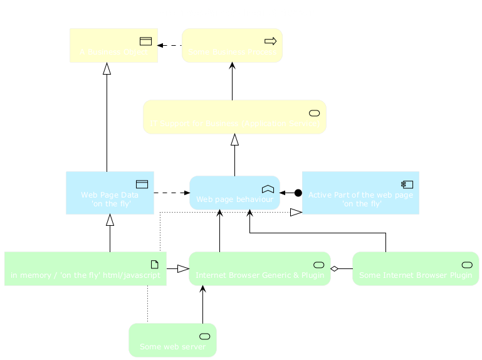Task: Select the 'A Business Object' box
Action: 113,45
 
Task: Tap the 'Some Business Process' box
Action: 232,45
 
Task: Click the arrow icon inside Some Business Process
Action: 271,41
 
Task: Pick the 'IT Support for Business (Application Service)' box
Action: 234,117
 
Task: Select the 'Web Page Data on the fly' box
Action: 110,193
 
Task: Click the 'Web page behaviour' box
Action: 234,193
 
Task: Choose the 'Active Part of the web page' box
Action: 360,193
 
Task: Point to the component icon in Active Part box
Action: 407,184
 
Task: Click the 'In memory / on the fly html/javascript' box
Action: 85,268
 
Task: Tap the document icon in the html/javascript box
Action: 155,264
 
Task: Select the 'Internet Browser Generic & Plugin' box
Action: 259,268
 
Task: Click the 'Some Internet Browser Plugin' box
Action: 416,268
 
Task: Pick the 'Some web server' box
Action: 172,340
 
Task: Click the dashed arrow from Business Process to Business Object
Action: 170,45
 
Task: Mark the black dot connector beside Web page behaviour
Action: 298,193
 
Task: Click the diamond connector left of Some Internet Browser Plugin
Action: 335,268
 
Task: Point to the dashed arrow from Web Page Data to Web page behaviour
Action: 171,193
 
